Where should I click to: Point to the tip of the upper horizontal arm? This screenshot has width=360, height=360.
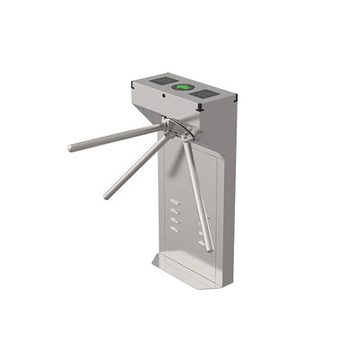coord(70,148)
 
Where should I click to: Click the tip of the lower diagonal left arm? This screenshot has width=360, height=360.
coord(106,195)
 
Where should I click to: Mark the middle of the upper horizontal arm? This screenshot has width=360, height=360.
coord(117,138)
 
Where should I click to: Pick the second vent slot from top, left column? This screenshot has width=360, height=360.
coord(173,212)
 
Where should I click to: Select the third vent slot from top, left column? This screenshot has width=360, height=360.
coord(173,222)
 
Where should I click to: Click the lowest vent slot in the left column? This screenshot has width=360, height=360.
coord(173,232)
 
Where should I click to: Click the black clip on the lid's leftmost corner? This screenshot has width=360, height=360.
coord(131,85)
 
